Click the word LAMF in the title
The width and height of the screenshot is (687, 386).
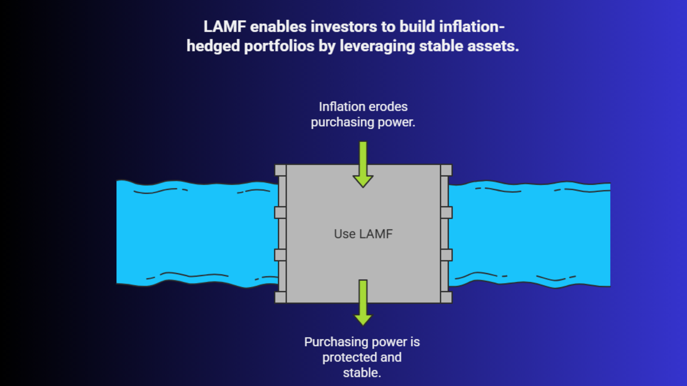pos(225,27)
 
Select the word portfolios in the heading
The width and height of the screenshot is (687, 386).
pos(279,46)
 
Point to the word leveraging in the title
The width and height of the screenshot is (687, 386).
pos(377,46)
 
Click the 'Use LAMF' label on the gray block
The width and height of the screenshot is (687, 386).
pos(363,234)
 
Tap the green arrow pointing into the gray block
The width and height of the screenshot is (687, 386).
pos(363,165)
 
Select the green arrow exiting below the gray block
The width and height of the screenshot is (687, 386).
pos(363,303)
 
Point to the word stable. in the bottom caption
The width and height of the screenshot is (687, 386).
pos(362,373)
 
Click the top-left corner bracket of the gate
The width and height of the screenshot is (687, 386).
pos(280,170)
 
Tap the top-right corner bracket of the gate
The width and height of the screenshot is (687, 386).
pos(446,170)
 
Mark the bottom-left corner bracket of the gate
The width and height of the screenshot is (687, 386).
pos(280,297)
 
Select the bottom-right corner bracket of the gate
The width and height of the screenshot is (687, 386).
pos(446,297)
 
